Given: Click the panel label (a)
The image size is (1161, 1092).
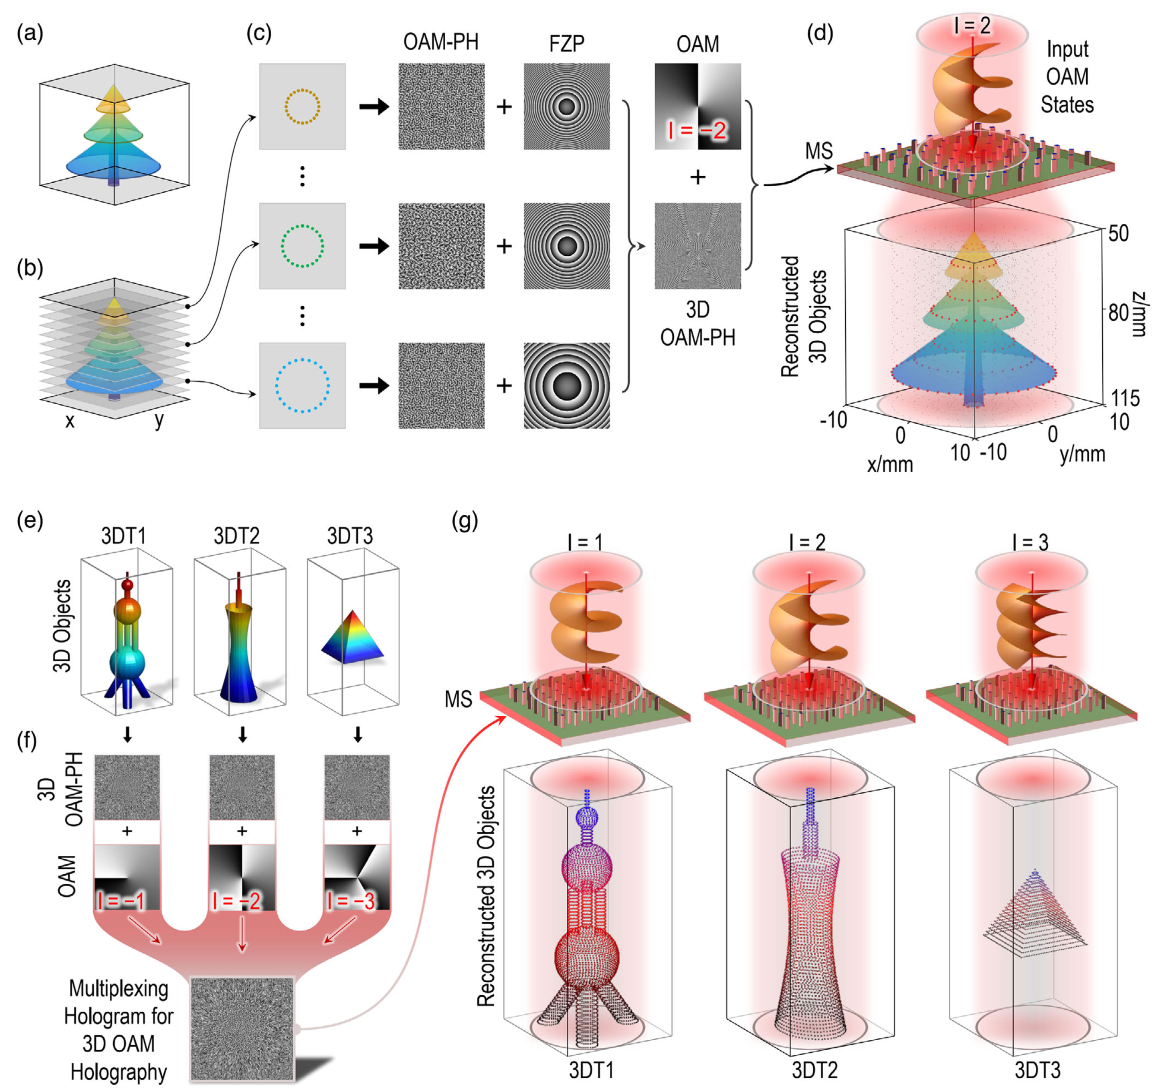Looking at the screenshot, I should (30, 35).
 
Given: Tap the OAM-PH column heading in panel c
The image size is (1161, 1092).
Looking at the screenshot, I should (441, 42).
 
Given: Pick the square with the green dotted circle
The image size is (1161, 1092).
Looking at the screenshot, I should (302, 246).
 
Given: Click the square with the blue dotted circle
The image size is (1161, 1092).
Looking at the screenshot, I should (302, 385).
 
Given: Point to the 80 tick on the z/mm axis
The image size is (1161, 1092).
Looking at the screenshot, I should (1118, 312).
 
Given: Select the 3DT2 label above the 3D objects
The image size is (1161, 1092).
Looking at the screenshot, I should (237, 536).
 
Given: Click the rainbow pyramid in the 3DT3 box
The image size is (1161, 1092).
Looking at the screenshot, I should (352, 637).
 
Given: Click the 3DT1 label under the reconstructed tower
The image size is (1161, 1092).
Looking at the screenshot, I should (591, 1070).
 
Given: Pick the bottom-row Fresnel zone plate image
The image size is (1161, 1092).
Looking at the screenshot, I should (567, 385).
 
